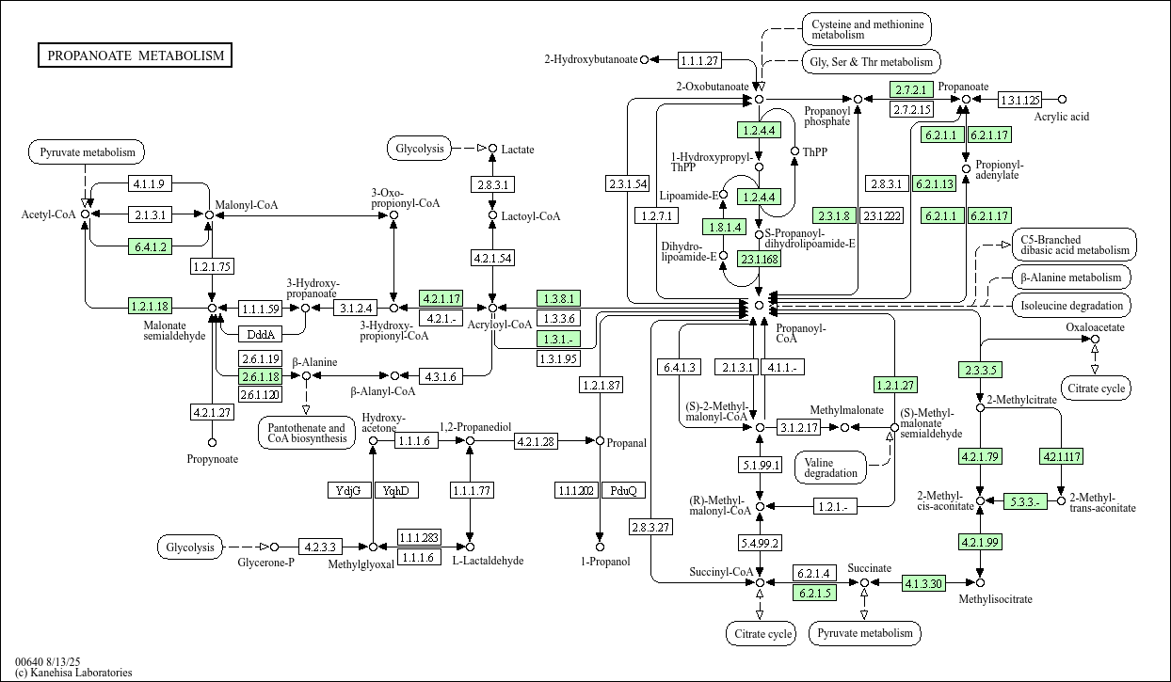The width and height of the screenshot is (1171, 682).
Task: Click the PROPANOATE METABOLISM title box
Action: pyautogui.click(x=136, y=56)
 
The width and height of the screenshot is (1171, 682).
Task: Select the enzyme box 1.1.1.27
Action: pyautogui.click(x=699, y=60)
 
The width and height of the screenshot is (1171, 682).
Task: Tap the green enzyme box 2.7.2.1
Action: pyautogui.click(x=911, y=90)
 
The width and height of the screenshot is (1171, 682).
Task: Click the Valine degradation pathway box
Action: pyautogui.click(x=831, y=467)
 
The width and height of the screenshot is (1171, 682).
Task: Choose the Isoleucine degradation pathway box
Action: pyautogui.click(x=1072, y=305)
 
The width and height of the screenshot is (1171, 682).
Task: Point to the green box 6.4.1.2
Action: pyautogui.click(x=151, y=246)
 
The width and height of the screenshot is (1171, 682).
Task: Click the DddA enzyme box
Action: pyautogui.click(x=260, y=334)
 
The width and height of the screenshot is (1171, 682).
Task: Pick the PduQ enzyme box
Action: pyautogui.click(x=623, y=490)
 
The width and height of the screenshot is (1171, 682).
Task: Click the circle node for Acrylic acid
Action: pyautogui.click(x=1063, y=99)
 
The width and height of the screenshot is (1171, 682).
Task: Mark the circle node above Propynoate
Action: pyautogui.click(x=212, y=442)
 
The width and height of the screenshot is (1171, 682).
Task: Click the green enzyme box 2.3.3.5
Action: pyautogui.click(x=979, y=370)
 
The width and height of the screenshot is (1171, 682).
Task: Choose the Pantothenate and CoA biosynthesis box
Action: pyautogui.click(x=306, y=434)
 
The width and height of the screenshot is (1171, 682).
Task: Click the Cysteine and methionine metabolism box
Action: pyautogui.click(x=866, y=28)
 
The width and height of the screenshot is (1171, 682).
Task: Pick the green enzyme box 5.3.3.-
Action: pyautogui.click(x=1024, y=500)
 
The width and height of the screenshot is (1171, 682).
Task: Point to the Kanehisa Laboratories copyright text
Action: pyautogui.click(x=73, y=673)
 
